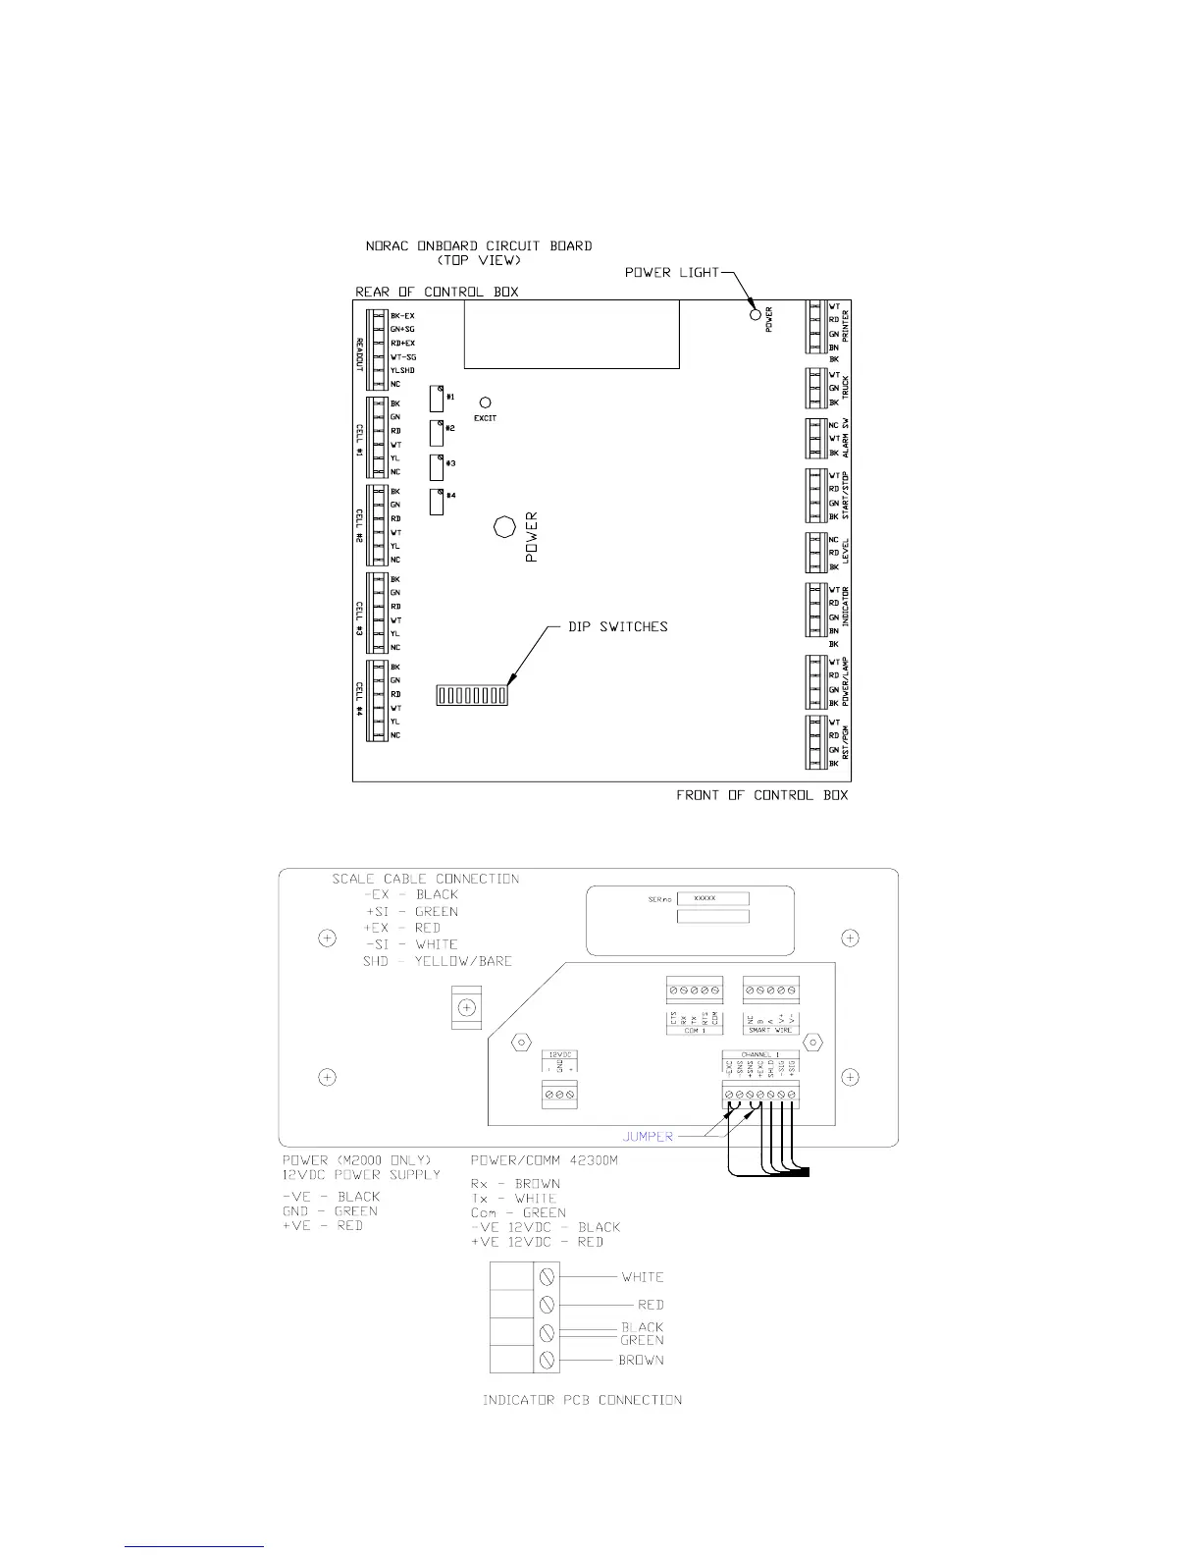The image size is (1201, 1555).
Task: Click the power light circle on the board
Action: pyautogui.click(x=755, y=314)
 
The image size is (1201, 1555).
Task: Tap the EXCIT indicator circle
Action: pyautogui.click(x=485, y=403)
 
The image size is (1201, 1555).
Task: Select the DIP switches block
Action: pyautogui.click(x=471, y=696)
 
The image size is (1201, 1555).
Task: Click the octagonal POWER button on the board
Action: pyautogui.click(x=504, y=527)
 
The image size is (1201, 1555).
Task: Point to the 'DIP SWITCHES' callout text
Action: pyautogui.click(x=618, y=626)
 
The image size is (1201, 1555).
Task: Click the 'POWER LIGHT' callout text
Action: pyautogui.click(x=672, y=272)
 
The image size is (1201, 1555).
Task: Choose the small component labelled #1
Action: pyautogui.click(x=437, y=398)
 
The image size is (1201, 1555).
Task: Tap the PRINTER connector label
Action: pyautogui.click(x=845, y=326)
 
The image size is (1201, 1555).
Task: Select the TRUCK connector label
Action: pyautogui.click(x=845, y=388)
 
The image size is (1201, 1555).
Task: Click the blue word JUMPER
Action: pyautogui.click(x=648, y=1136)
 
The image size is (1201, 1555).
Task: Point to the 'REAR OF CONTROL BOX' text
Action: pyautogui.click(x=437, y=292)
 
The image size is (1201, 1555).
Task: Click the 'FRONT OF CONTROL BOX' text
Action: pyautogui.click(x=762, y=794)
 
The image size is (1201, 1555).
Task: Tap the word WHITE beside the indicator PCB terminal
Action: pyautogui.click(x=643, y=1277)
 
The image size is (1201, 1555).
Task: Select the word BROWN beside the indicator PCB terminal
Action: pyautogui.click(x=641, y=1361)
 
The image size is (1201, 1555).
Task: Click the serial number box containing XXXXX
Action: pyautogui.click(x=713, y=898)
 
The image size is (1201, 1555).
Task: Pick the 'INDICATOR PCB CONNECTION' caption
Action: pyautogui.click(x=582, y=1399)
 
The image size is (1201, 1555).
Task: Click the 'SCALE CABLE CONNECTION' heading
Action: pyautogui.click(x=425, y=879)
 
